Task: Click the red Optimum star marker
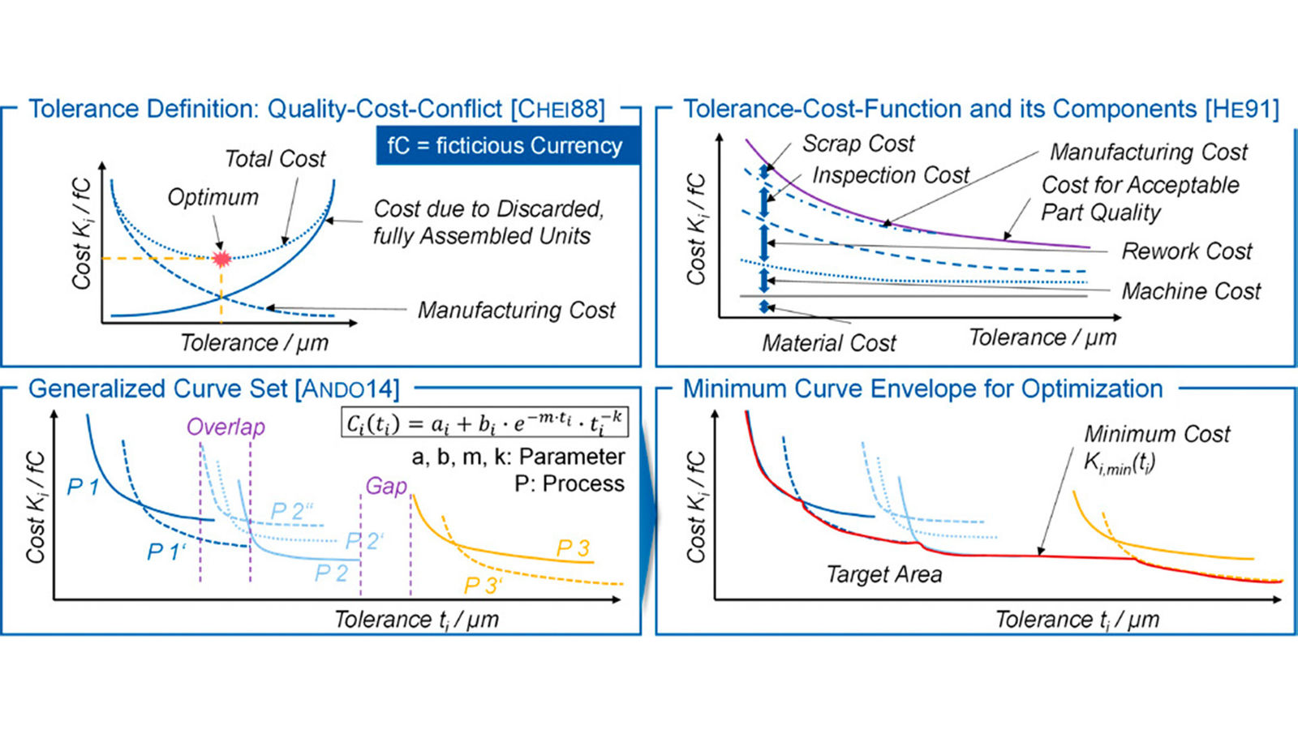click(x=221, y=259)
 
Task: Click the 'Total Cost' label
click(x=275, y=159)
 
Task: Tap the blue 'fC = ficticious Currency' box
click(x=506, y=146)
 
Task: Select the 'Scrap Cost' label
click(x=858, y=144)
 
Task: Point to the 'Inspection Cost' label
click(x=891, y=175)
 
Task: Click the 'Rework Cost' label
click(x=1186, y=251)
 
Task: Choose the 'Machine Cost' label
click(x=1191, y=291)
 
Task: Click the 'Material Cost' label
click(x=828, y=343)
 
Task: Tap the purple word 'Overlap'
click(x=226, y=427)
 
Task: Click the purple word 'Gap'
click(x=385, y=486)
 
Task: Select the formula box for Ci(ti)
click(x=484, y=423)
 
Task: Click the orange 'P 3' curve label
click(x=573, y=548)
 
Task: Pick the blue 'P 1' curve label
click(x=82, y=487)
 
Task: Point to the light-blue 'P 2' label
click(x=331, y=573)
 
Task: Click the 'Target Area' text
click(x=883, y=575)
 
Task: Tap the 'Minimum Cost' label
click(x=1157, y=435)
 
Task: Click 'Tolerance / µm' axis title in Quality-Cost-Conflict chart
click(x=254, y=343)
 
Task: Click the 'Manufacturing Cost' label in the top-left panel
click(x=516, y=311)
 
